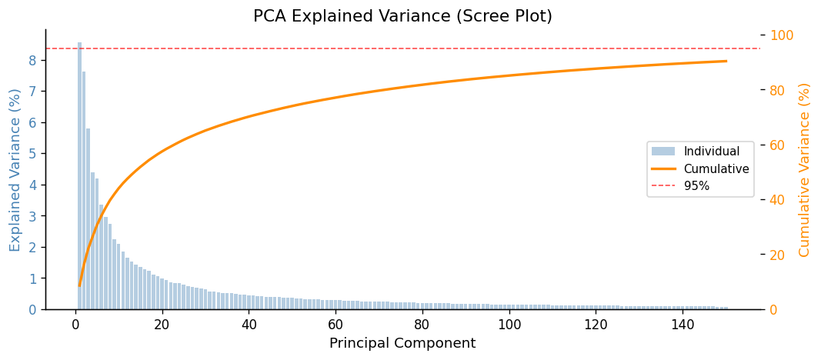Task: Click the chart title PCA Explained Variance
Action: [x=402, y=16]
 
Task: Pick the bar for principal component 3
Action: [x=88, y=218]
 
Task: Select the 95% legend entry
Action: [x=696, y=185]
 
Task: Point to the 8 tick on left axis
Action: [x=33, y=60]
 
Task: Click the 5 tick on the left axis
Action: [x=33, y=154]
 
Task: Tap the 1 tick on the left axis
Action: [x=33, y=278]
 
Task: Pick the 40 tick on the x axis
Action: [x=249, y=325]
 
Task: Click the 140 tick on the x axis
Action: [x=682, y=325]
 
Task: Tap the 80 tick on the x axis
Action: [x=422, y=325]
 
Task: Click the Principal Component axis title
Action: [x=402, y=343]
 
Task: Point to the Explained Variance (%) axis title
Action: [x=15, y=169]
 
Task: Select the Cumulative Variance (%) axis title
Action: [x=805, y=169]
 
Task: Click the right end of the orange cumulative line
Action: [x=726, y=62]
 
